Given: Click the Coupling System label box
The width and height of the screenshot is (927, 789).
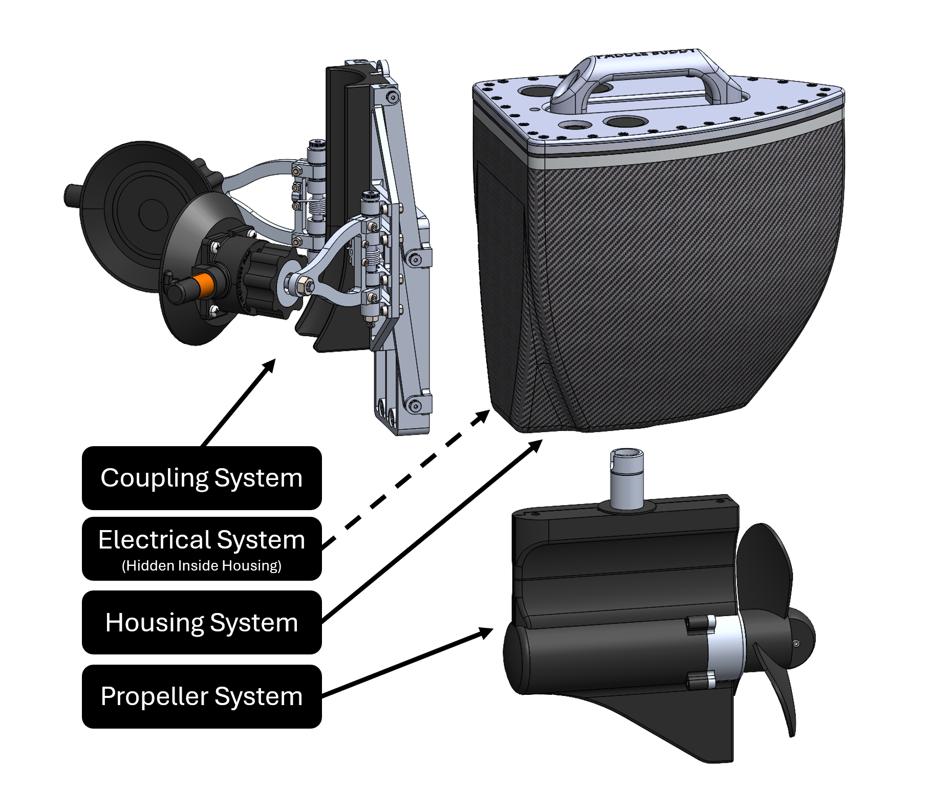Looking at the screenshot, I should [x=202, y=478].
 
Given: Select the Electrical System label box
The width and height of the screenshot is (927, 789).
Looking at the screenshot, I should [x=202, y=548].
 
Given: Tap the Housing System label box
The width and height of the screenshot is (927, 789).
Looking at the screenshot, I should [x=202, y=622].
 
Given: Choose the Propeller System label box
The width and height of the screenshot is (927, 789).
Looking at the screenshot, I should [x=202, y=696].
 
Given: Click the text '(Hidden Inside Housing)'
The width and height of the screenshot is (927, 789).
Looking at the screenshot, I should [x=202, y=565].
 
